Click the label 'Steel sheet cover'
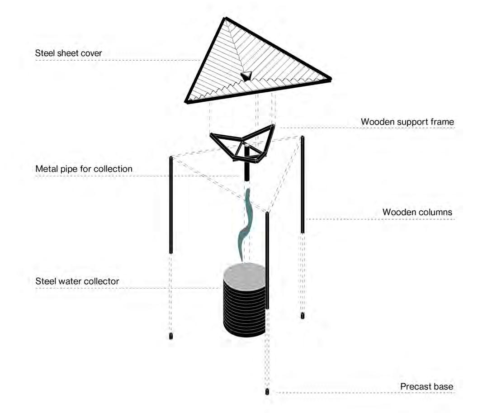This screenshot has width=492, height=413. [69, 53]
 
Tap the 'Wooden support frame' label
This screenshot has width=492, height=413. [407, 122]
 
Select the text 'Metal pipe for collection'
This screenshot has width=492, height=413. [84, 169]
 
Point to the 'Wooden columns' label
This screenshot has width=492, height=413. [417, 212]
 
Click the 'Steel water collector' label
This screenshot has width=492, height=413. [77, 281]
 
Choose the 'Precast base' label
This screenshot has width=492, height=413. [426, 387]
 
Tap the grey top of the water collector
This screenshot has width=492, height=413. [245, 276]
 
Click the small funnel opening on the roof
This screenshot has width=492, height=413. [245, 76]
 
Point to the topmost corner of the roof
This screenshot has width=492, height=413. [225, 19]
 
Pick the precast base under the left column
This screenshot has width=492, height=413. [171, 336]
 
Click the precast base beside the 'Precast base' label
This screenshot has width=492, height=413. [267, 391]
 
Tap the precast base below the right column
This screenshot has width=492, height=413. [303, 315]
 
